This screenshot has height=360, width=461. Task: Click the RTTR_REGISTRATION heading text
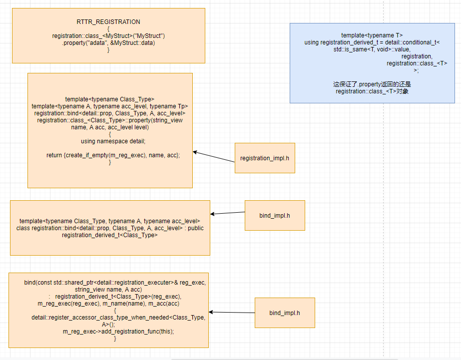click(108, 22)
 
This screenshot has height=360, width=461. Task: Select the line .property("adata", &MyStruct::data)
click(108, 43)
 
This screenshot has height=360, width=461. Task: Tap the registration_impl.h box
click(265, 158)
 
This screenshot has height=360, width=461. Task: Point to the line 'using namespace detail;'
click(109, 141)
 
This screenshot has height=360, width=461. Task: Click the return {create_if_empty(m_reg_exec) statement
click(113, 155)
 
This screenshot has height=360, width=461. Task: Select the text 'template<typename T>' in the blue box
click(372, 35)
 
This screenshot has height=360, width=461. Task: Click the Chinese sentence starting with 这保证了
click(372, 84)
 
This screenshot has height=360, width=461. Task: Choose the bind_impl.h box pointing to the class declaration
click(275, 216)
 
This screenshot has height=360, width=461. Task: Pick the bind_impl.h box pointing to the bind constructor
click(285, 313)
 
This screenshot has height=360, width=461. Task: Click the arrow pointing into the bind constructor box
click(232, 313)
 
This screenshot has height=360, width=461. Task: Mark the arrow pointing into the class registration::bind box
click(227, 213)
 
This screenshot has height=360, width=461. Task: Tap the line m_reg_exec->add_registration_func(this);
click(118, 332)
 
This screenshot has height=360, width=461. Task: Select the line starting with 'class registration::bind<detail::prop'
click(110, 228)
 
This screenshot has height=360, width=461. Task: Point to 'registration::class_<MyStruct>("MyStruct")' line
click(108, 36)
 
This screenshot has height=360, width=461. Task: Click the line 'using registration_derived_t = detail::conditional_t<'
click(372, 42)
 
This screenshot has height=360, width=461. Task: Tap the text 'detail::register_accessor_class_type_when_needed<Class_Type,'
click(118, 318)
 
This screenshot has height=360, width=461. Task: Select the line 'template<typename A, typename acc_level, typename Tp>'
click(110, 106)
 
